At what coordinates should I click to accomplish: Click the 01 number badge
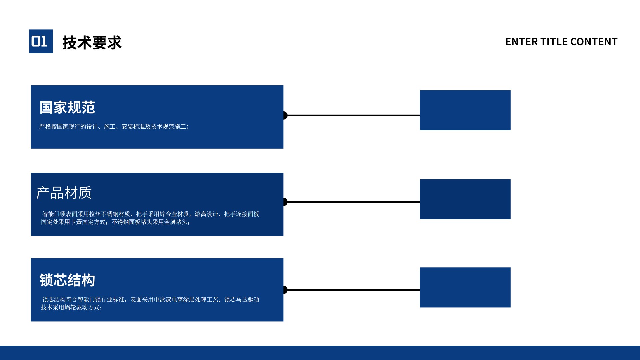[41, 41]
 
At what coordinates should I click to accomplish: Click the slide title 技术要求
[92, 43]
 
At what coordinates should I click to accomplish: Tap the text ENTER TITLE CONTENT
[561, 42]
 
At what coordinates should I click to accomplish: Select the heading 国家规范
[67, 107]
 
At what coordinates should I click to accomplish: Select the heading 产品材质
[64, 193]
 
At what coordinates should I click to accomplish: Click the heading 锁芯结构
[67, 280]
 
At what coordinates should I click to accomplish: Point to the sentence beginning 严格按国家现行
[114, 127]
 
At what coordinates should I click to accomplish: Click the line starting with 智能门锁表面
[151, 214]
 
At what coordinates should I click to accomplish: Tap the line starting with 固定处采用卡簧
[115, 222]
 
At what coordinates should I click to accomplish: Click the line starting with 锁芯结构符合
[151, 300]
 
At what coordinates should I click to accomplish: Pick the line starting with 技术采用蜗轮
[71, 307]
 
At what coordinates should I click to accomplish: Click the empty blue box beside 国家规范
[465, 110]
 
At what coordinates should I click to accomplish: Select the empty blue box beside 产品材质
[465, 199]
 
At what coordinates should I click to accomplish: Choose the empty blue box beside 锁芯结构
[465, 287]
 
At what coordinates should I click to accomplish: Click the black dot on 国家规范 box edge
[285, 115]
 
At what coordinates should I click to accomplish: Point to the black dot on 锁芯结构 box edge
[285, 290]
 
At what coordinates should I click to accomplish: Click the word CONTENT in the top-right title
[594, 42]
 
